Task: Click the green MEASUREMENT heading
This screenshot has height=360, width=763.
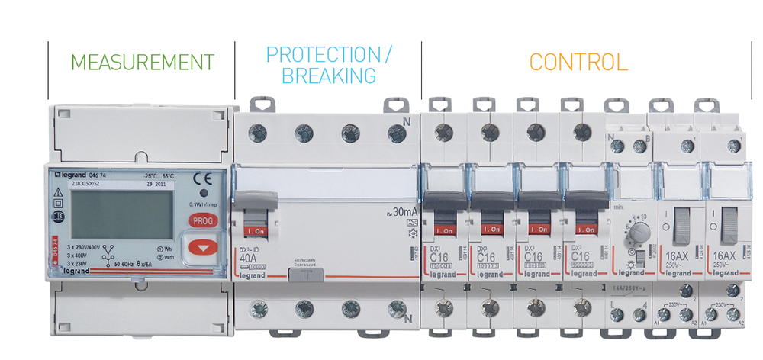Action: pyautogui.click(x=142, y=62)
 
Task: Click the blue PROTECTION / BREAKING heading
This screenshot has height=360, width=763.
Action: pyautogui.click(x=328, y=65)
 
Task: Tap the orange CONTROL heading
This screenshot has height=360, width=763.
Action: pyautogui.click(x=578, y=62)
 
